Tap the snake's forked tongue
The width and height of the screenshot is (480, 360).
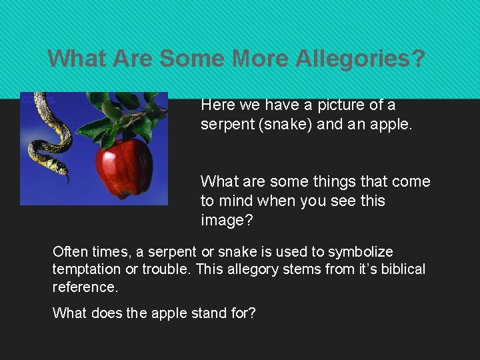[67, 180]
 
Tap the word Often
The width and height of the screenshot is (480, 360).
[69, 252]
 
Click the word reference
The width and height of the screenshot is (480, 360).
[84, 287]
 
